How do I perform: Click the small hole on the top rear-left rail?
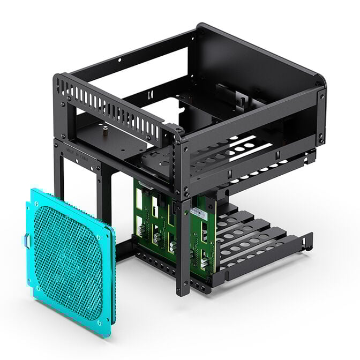click(x=119, y=60)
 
